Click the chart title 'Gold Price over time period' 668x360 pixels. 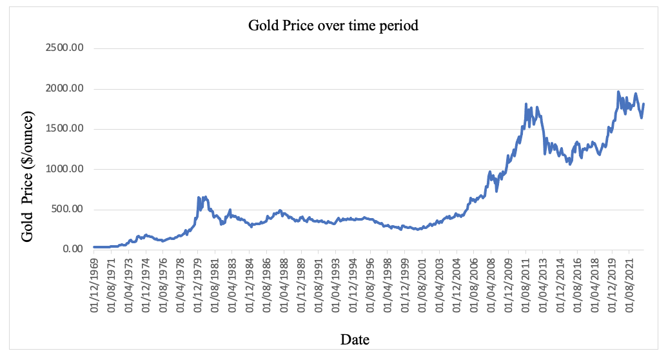click(333, 26)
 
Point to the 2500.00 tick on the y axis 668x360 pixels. click(66, 48)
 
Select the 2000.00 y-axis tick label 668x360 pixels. click(66, 88)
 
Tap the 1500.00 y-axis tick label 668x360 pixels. click(66, 128)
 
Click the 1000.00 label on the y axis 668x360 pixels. click(66, 169)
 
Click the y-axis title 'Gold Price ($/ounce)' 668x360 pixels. click(27, 176)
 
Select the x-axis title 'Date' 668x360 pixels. click(355, 339)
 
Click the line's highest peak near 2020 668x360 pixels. click(618, 92)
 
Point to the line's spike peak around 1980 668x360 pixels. click(199, 197)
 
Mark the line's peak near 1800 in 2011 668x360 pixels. click(526, 104)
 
